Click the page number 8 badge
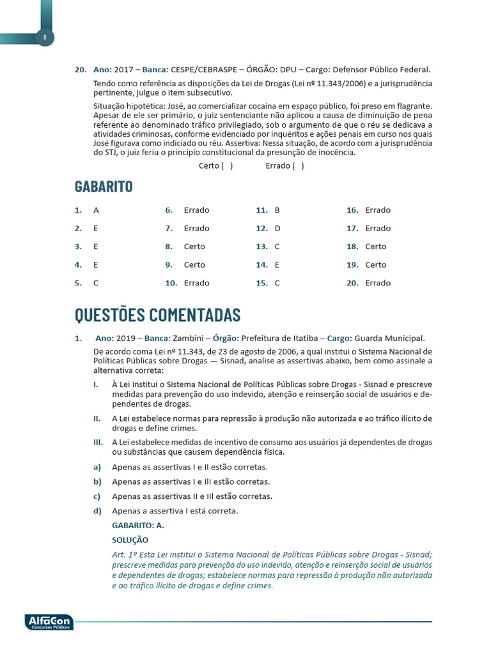point(45,38)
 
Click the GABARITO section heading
point(104,186)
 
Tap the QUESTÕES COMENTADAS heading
point(157,315)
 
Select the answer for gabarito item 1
point(96,210)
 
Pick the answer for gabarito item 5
point(96,283)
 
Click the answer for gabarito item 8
point(194,247)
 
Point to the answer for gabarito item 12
point(277,228)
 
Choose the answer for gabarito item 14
point(277,264)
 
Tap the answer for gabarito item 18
point(376,247)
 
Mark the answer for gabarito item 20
point(378,283)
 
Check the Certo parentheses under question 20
point(227,166)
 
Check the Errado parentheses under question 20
point(298,166)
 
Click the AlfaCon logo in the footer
point(49,621)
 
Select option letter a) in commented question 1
point(97,467)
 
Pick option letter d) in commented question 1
point(97,511)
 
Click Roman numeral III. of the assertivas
point(98,442)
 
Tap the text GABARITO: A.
point(138,526)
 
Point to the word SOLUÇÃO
point(130,540)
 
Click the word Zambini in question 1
point(189,338)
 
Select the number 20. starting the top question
point(81,70)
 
